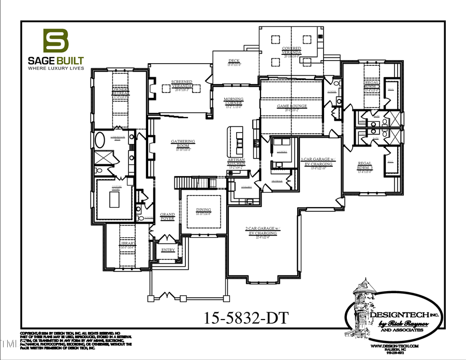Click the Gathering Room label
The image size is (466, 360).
click(x=183, y=143)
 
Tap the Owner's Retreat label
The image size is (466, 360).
click(x=120, y=91)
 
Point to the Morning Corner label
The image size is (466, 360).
click(x=234, y=102)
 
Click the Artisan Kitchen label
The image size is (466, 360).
click(x=236, y=164)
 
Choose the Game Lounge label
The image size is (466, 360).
click(x=292, y=106)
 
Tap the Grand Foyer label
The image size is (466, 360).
click(x=167, y=217)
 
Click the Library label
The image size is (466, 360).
click(x=127, y=243)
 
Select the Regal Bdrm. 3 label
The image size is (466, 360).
click(x=365, y=167)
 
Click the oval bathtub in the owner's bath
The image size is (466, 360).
click(x=100, y=141)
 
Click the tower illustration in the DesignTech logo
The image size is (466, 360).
click(x=362, y=300)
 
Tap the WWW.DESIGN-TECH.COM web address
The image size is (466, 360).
click(x=395, y=345)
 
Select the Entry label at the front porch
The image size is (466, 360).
click(x=168, y=250)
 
